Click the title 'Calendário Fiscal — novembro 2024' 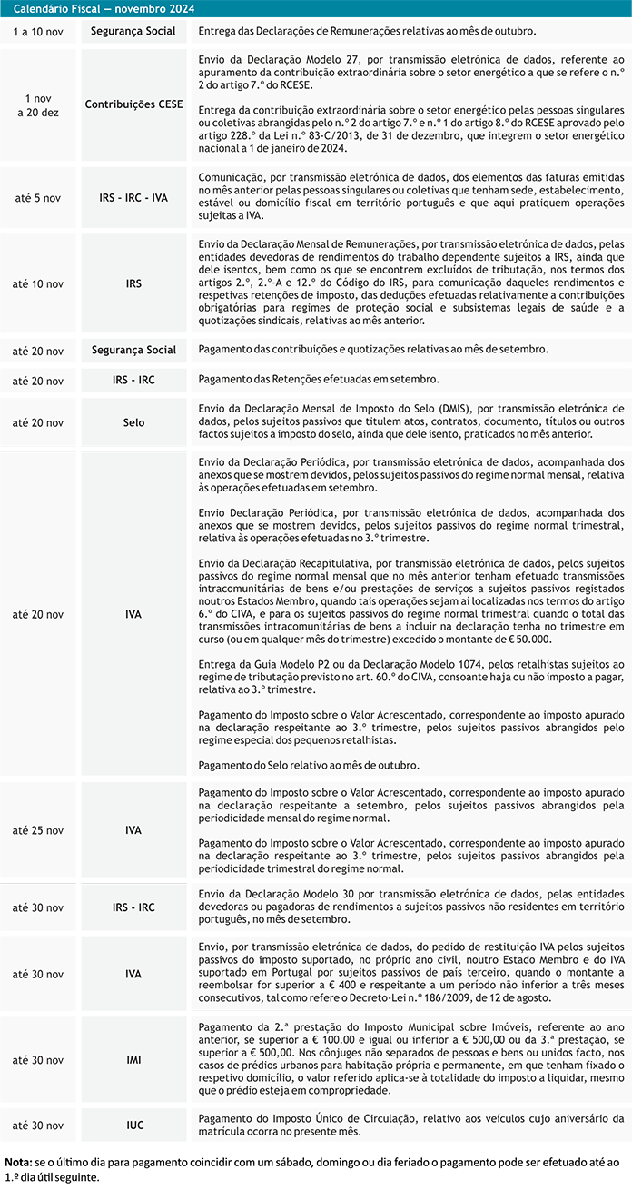click(x=105, y=8)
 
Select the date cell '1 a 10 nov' click(x=38, y=32)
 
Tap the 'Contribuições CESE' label click(x=133, y=104)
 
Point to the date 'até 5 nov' click(x=38, y=197)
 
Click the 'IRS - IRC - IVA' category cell click(x=133, y=197)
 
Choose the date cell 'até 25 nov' click(x=38, y=830)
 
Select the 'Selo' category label click(x=133, y=422)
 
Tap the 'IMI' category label click(x=133, y=1060)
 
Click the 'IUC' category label click(x=134, y=1126)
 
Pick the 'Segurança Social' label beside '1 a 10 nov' click(x=133, y=32)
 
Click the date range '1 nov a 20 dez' click(x=38, y=104)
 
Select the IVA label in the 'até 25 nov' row click(x=133, y=830)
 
